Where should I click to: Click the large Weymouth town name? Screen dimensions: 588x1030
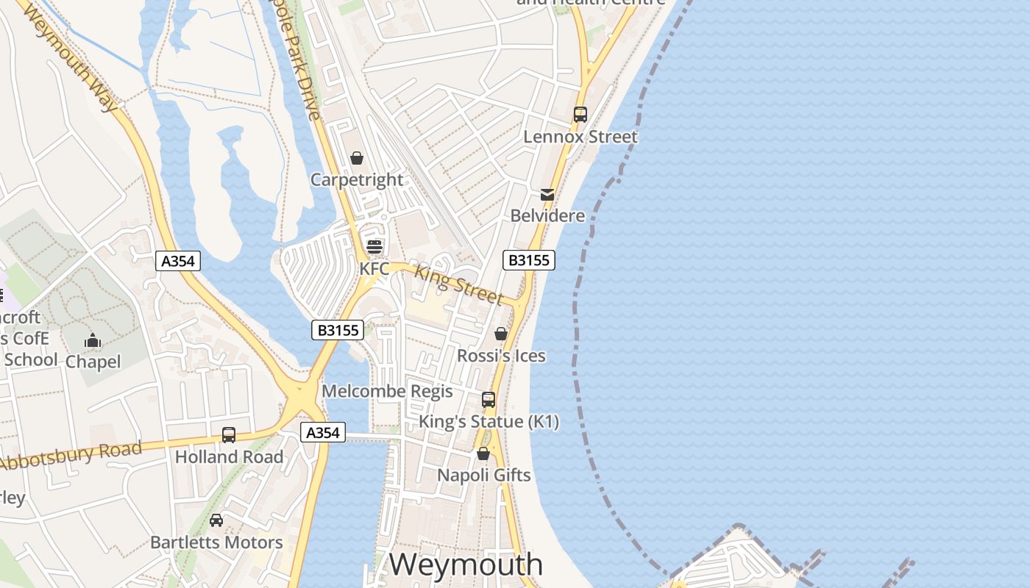466,564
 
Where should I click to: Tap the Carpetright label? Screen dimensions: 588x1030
357,180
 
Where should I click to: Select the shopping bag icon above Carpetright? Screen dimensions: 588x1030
357,158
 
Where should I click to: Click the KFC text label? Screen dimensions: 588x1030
374,269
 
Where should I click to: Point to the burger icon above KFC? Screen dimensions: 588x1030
374,247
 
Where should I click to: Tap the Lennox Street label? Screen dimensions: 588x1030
580,137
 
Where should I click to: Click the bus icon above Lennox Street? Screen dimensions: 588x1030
580,115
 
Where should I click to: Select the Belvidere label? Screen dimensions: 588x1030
548,216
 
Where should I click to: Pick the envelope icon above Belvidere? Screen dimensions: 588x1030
547,195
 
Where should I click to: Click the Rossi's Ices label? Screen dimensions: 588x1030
501,356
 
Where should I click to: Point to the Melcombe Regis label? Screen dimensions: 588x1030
387,391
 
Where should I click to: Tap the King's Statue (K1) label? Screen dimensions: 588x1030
489,422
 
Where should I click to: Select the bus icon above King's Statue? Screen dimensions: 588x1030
489,400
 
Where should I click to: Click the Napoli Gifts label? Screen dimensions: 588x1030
484,476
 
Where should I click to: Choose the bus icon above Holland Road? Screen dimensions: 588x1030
229,435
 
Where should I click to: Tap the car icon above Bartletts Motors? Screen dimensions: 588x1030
216,520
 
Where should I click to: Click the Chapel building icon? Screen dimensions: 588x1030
93,340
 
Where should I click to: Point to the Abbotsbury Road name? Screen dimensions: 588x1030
71,456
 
